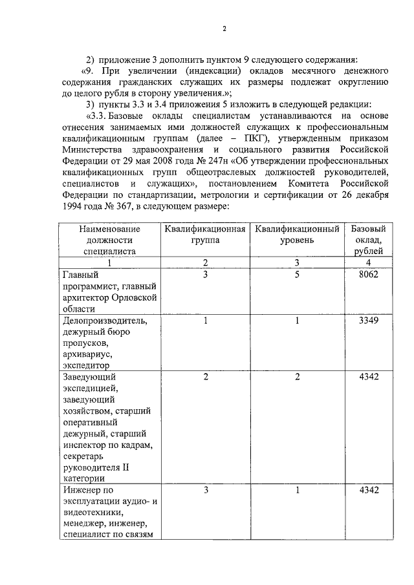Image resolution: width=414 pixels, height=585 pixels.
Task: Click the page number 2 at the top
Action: [x=224, y=29]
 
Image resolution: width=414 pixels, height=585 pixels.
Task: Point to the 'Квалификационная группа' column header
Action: [x=205, y=234]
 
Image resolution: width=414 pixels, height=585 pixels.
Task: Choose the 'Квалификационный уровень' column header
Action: [x=298, y=234]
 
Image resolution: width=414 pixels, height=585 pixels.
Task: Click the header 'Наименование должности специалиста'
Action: [x=109, y=240]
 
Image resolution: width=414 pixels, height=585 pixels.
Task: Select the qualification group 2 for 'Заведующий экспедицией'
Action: [x=205, y=377]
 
